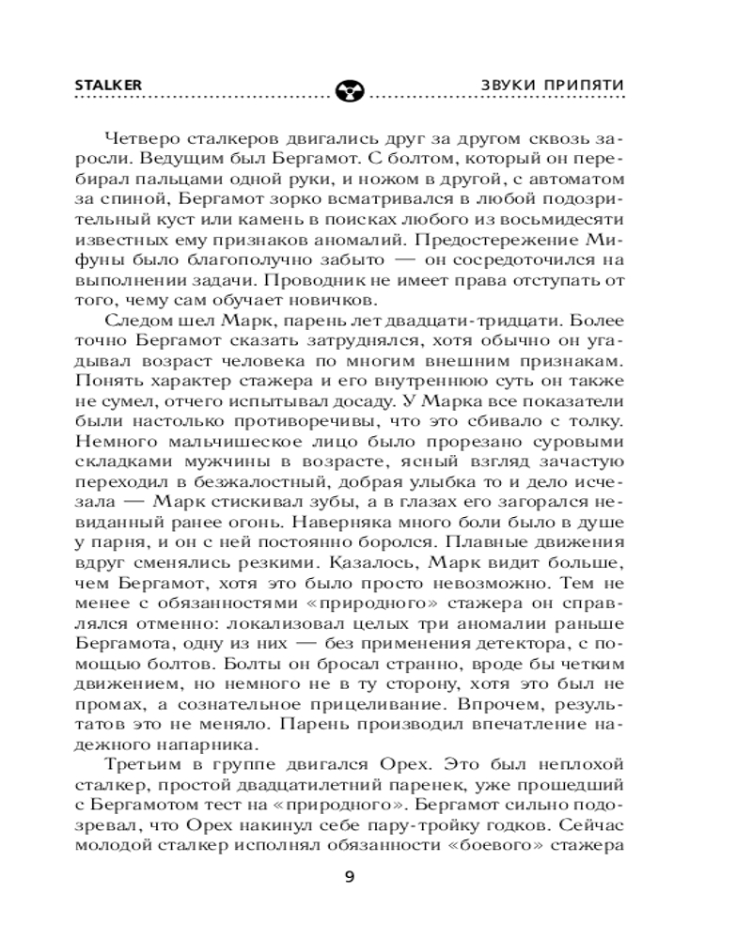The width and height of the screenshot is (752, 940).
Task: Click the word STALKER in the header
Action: [107, 84]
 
